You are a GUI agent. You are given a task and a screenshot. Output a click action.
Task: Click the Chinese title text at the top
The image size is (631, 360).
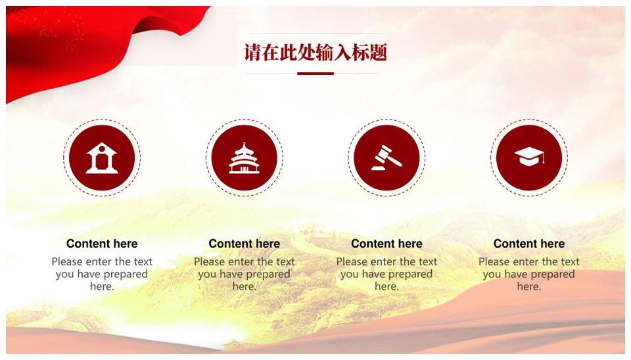[315, 53]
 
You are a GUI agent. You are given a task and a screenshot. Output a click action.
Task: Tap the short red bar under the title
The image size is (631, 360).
[315, 74]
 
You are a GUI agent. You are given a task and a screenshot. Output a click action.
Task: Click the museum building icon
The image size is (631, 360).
[102, 158]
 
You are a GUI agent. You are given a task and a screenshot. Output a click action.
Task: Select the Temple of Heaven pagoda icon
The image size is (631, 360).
[245, 158]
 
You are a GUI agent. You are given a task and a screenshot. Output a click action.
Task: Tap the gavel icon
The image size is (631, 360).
[386, 158]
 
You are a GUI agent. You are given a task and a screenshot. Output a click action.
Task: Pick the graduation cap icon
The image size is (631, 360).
[529, 157]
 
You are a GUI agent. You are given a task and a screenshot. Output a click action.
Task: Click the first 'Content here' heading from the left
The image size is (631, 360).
[102, 244]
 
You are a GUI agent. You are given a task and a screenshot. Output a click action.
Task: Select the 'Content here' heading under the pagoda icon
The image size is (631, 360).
[245, 244]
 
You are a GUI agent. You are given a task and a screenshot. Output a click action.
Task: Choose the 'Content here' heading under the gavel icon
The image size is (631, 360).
[386, 244]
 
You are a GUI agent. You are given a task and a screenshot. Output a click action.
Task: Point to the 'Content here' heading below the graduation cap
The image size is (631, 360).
[529, 244]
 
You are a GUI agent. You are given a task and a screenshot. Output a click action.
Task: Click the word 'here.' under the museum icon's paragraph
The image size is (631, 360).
[102, 286]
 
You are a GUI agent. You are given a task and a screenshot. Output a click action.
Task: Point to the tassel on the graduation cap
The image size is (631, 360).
[544, 158]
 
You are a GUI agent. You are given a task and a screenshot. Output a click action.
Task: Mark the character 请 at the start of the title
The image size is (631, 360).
[252, 53]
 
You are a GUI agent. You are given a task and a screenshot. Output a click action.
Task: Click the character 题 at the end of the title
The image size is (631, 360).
[379, 53]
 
